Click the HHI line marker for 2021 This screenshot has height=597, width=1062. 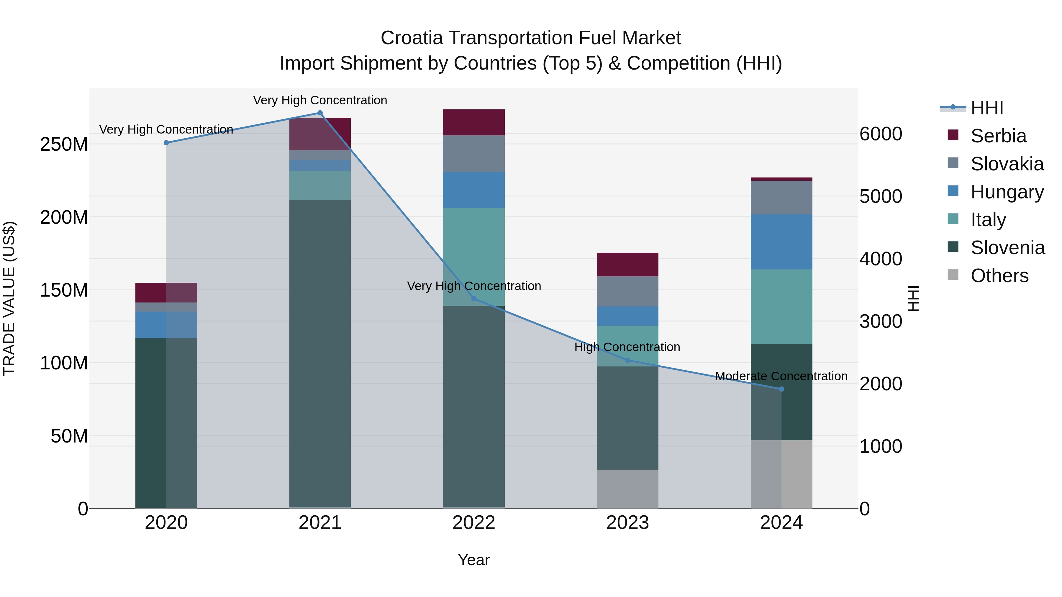point(320,113)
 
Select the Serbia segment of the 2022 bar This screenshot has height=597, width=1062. point(474,122)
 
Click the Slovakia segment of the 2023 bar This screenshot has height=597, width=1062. point(627,291)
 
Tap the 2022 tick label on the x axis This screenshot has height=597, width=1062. point(474,523)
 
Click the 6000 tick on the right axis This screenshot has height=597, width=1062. point(881,134)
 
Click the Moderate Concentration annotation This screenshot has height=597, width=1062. point(781,376)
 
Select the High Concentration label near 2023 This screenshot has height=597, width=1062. point(627,347)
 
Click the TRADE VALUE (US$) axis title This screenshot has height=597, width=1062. point(9,298)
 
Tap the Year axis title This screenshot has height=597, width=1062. point(474,560)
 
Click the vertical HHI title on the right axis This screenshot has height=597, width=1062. point(913,298)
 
